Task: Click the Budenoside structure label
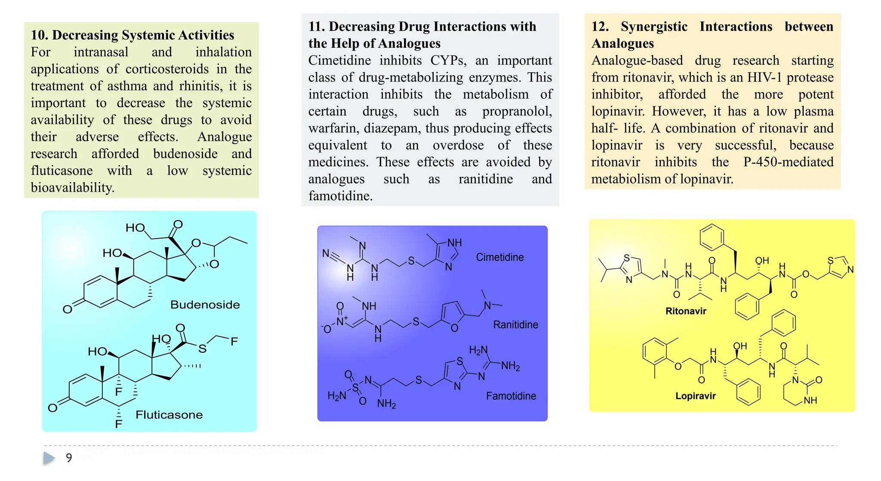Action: point(205,304)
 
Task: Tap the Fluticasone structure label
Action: point(169,415)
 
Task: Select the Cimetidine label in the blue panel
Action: point(500,257)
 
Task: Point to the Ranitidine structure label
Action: point(515,324)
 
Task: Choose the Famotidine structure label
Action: point(511,396)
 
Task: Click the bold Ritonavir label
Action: point(686,311)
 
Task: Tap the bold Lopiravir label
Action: point(695,396)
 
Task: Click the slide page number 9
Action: point(69,458)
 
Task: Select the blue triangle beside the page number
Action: point(49,458)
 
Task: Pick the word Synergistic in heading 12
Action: point(654,27)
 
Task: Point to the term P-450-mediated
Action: point(789,162)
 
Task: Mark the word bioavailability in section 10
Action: point(72,187)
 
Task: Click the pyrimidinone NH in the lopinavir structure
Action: point(810,400)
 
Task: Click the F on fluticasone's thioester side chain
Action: point(234,341)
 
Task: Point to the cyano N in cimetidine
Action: point(326,253)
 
